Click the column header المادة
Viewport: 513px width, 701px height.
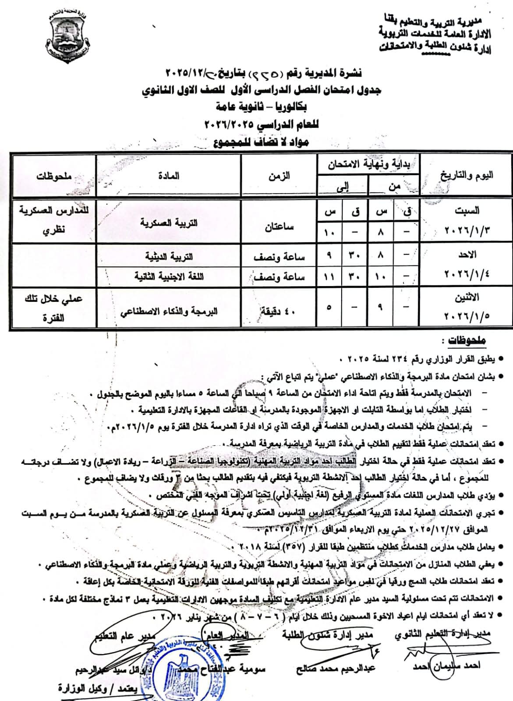(x=169, y=176)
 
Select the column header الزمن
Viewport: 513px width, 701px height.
(x=279, y=176)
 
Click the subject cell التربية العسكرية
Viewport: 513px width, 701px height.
(x=169, y=223)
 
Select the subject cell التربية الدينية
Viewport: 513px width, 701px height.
(x=169, y=256)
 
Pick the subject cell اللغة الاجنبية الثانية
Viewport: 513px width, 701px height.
(x=169, y=276)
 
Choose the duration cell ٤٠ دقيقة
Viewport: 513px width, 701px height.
(x=279, y=312)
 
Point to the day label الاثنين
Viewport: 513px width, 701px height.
(x=467, y=297)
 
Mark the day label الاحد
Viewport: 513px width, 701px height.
(x=467, y=255)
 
